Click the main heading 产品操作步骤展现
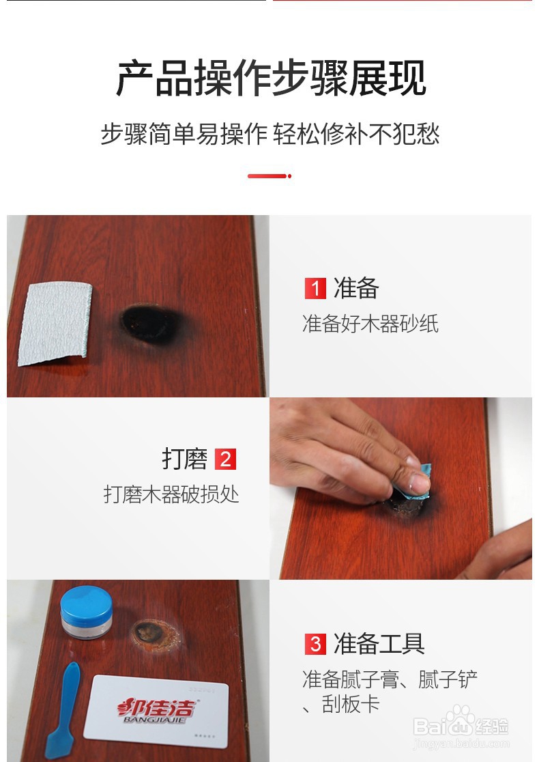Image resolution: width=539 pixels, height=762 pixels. point(271,79)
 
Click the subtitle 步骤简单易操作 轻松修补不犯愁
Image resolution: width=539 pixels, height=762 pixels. point(270,134)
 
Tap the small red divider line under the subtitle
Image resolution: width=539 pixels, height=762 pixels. point(269,176)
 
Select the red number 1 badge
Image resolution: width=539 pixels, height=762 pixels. point(315,289)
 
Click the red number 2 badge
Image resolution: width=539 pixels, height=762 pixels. point(224,460)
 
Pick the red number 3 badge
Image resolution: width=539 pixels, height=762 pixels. point(315,644)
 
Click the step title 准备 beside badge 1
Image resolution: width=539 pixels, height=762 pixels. point(355,289)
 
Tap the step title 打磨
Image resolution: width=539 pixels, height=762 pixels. point(184,460)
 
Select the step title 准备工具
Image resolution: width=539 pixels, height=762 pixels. point(379,644)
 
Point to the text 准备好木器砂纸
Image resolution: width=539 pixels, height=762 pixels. point(370,324)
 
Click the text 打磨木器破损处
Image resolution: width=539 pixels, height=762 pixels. point(171,494)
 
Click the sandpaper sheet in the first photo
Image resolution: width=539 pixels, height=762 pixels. point(55,322)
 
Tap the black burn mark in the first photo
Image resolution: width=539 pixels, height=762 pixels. point(149,323)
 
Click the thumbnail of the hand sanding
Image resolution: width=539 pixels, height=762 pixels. point(400,488)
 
